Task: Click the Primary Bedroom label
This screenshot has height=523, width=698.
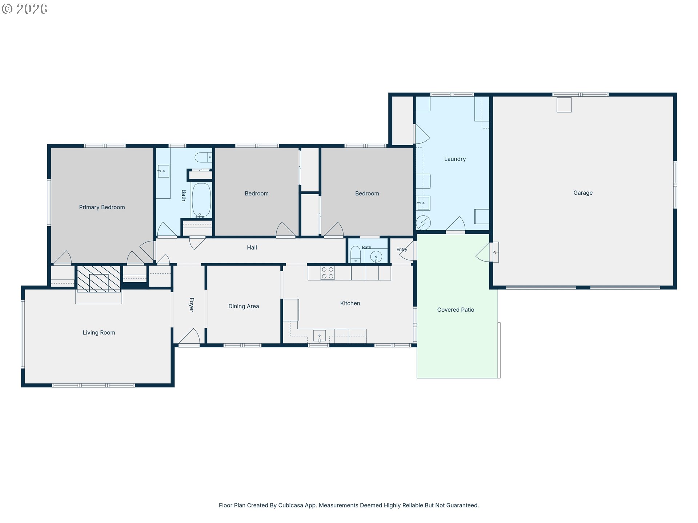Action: [102, 207]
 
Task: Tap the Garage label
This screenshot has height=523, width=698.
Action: [583, 193]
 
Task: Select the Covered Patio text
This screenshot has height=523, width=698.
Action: [456, 310]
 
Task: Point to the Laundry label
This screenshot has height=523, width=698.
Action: [455, 159]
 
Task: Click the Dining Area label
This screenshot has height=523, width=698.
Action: [244, 307]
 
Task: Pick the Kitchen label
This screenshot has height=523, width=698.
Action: [350, 303]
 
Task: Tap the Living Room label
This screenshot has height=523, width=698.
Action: [99, 333]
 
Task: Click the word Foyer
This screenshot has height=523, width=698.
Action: [192, 305]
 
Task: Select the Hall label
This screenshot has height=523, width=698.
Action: [252, 248]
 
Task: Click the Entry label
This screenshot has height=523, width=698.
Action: [402, 250]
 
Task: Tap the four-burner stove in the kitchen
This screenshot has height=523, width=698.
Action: [328, 273]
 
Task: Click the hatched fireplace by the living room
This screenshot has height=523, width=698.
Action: [99, 279]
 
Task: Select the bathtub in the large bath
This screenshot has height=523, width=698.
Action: [201, 200]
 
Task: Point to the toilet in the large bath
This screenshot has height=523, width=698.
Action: [203, 157]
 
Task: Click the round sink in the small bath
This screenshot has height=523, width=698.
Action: [376, 257]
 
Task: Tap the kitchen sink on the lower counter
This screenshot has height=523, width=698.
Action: [320, 336]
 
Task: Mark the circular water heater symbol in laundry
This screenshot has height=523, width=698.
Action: [423, 223]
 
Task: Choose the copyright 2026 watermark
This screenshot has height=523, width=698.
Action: [25, 9]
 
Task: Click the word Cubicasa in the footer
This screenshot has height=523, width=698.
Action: [290, 505]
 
